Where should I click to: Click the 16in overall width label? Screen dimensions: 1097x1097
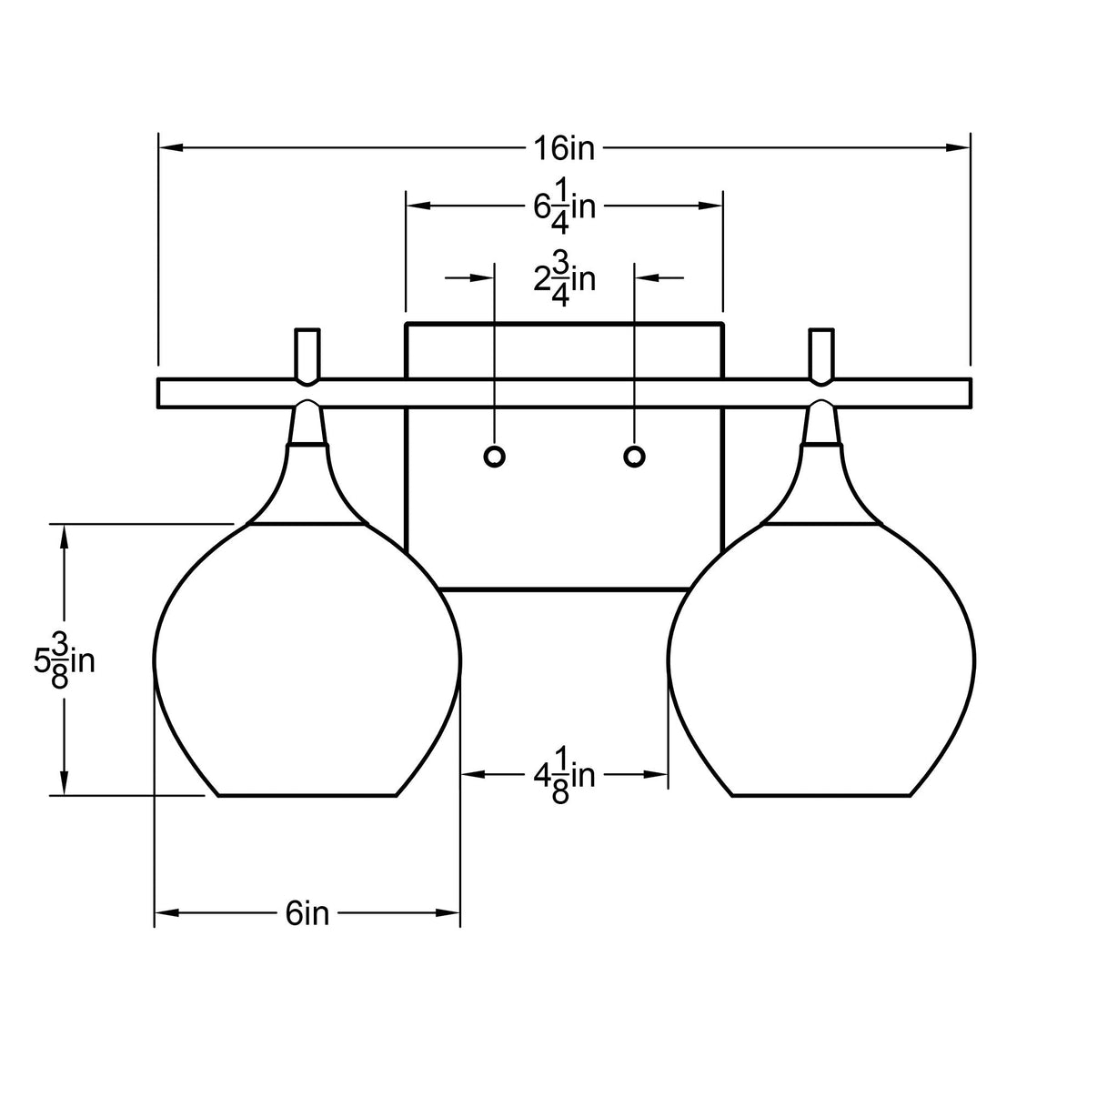point(564,147)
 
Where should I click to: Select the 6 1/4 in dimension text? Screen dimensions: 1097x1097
point(564,206)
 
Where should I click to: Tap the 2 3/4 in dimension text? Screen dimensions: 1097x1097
point(564,278)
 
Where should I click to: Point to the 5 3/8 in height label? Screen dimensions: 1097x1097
point(65,661)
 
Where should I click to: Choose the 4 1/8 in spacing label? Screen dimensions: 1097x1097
point(564,775)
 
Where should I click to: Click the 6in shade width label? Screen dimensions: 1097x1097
point(307,912)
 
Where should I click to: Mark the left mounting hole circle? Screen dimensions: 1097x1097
point(494,456)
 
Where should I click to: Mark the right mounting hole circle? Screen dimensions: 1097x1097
point(634,456)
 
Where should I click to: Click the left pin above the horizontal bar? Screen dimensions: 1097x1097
point(307,353)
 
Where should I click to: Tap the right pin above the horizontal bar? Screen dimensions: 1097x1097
point(822,353)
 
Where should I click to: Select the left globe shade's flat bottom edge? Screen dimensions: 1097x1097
point(307,795)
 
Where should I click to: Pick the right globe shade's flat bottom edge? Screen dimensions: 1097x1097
point(821,795)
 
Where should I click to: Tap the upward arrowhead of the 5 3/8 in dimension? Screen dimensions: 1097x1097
point(64,536)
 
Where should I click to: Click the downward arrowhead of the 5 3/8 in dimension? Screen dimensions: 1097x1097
point(64,783)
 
